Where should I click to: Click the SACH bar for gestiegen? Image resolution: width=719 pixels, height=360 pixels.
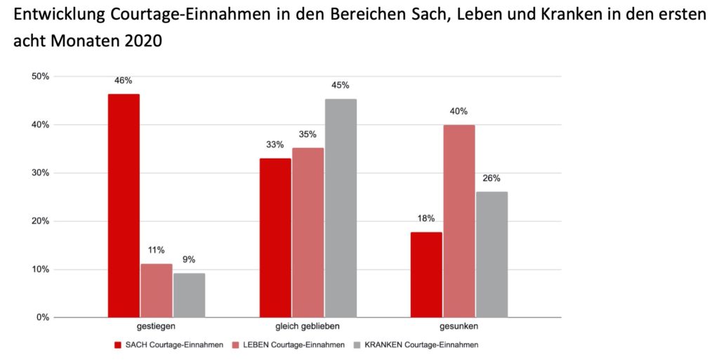[x=124, y=205]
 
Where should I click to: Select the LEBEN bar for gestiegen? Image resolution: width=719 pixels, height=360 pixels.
[x=156, y=291]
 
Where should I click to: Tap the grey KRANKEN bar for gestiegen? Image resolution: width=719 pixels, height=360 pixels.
[x=189, y=295]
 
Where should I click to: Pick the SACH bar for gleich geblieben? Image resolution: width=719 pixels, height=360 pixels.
[x=275, y=237]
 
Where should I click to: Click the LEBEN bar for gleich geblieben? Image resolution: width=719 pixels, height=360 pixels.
[x=308, y=232]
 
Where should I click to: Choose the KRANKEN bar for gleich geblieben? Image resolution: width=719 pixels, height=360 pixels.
[x=341, y=208]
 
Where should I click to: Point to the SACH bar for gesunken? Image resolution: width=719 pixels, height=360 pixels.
[x=426, y=274]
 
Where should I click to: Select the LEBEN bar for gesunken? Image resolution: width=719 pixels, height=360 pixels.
[x=459, y=220]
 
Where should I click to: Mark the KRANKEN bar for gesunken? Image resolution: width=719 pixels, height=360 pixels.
[x=492, y=254]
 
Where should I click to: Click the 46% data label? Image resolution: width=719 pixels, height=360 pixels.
[x=124, y=81]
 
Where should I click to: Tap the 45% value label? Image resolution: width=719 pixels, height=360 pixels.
[x=341, y=86]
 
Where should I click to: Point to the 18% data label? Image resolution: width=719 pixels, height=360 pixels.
[x=426, y=218]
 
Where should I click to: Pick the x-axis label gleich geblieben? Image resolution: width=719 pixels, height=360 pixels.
[x=308, y=327]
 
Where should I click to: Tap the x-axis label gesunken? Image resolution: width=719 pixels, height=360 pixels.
[x=459, y=327]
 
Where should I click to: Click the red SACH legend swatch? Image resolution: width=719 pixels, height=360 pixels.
[x=119, y=345]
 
